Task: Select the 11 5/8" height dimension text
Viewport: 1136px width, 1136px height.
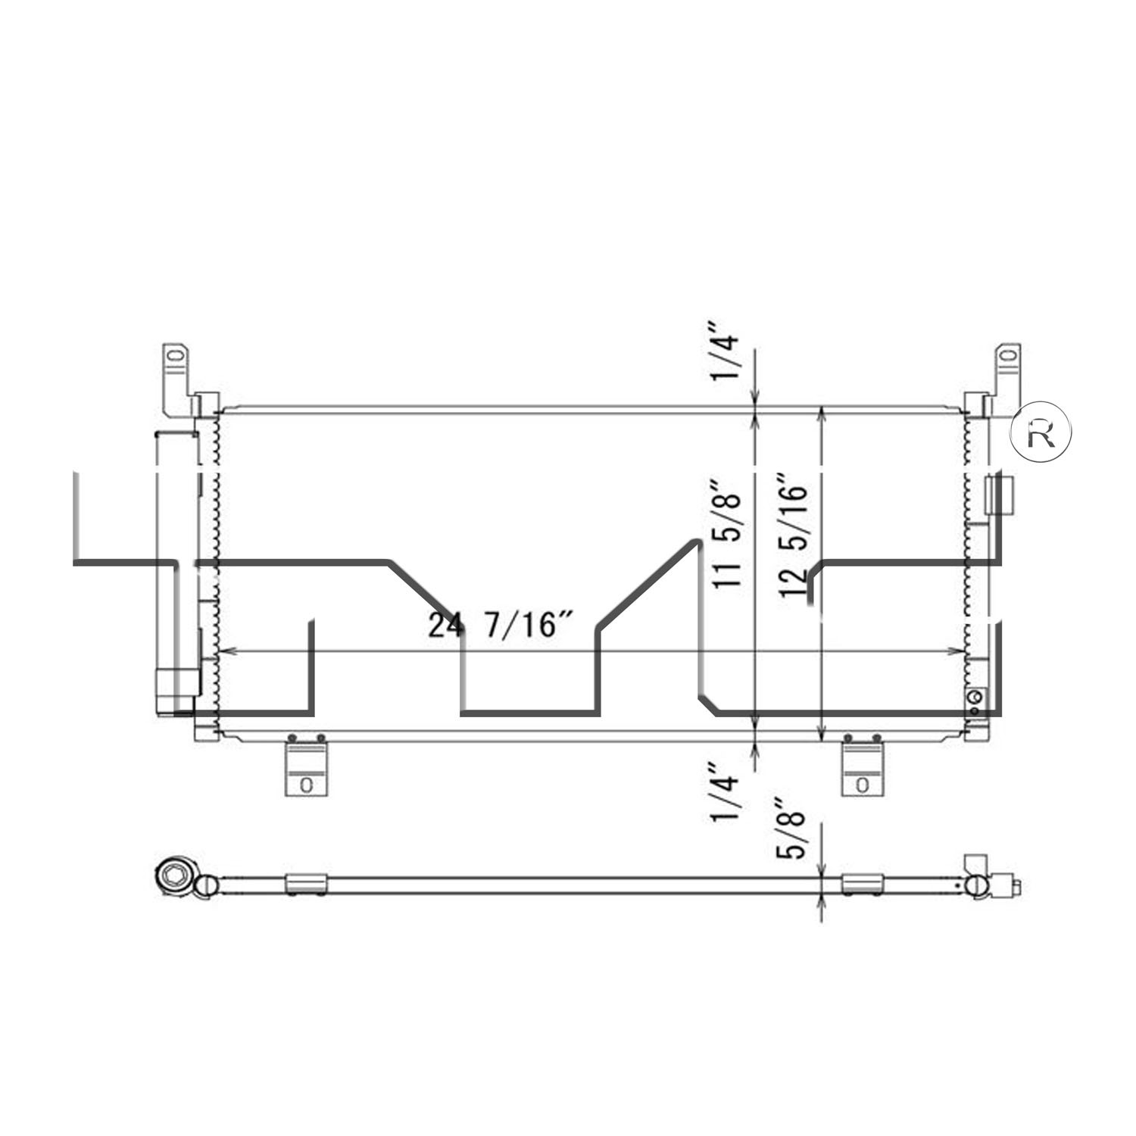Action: (x=729, y=535)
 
